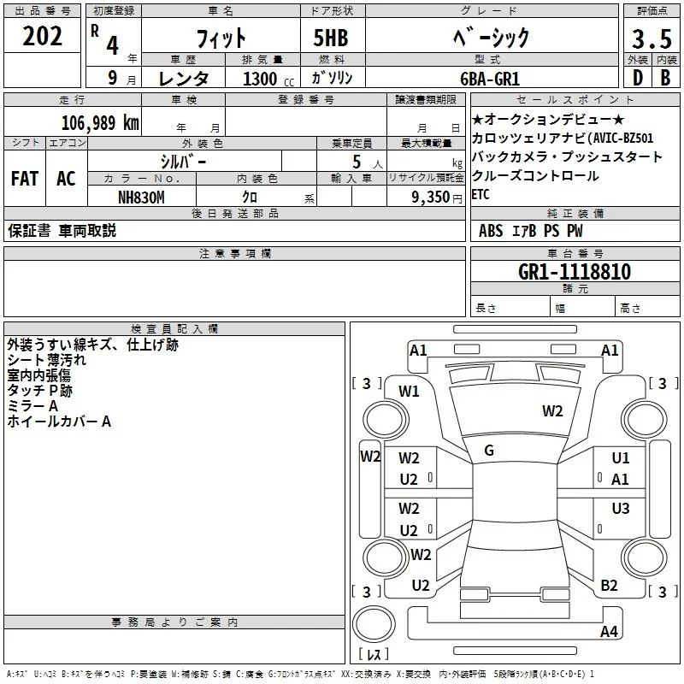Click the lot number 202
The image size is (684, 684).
[x=42, y=36]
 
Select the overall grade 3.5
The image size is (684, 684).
[x=652, y=38]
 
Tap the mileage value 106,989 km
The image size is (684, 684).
[x=100, y=122]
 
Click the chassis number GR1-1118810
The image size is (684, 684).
[x=575, y=272]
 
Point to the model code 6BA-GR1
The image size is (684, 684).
[x=490, y=79]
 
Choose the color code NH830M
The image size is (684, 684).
[x=141, y=198]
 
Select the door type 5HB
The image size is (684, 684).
[x=331, y=38]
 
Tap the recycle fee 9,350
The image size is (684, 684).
[x=431, y=198]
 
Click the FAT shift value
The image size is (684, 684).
[x=25, y=178]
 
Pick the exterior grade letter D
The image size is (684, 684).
[x=638, y=78]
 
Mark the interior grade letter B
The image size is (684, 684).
[x=665, y=78]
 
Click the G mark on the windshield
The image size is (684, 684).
[x=489, y=451]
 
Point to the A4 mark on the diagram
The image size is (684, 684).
[x=609, y=631]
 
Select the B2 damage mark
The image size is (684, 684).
[x=609, y=585]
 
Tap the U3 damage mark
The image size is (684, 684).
[x=621, y=508]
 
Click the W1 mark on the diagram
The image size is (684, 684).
[x=409, y=392]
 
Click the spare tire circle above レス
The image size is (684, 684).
[x=374, y=624]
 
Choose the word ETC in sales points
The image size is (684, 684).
[x=481, y=194]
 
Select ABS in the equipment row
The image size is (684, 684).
[x=491, y=231]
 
